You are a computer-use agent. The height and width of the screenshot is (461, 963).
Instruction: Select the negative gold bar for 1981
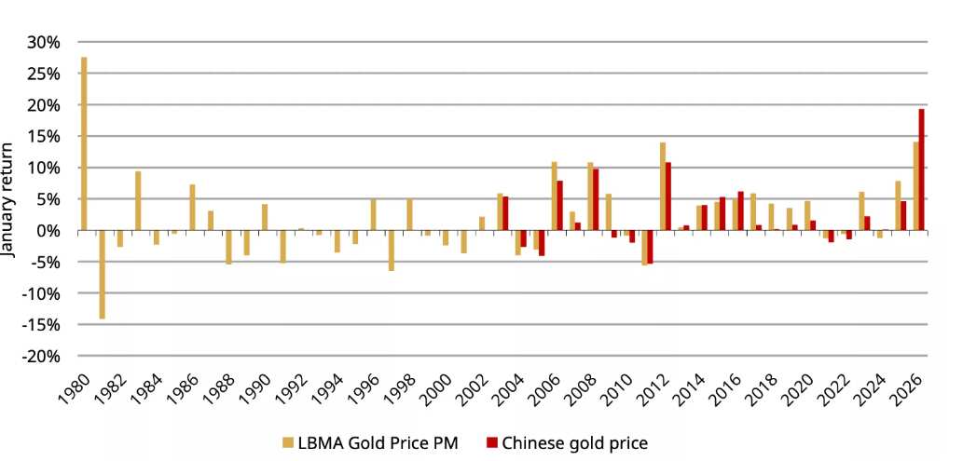pos(103,275)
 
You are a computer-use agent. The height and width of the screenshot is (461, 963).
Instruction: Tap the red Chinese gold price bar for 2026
pos(922,169)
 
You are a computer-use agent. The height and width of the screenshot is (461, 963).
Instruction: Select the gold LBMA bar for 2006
pos(554,196)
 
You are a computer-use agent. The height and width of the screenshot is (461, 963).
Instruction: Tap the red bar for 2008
pos(596,199)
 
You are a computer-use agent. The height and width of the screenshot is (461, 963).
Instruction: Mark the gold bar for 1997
pos(392,251)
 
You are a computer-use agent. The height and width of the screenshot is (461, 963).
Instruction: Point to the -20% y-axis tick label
pos(42,357)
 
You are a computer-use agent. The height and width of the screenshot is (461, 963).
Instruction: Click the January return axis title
pos(9,199)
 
